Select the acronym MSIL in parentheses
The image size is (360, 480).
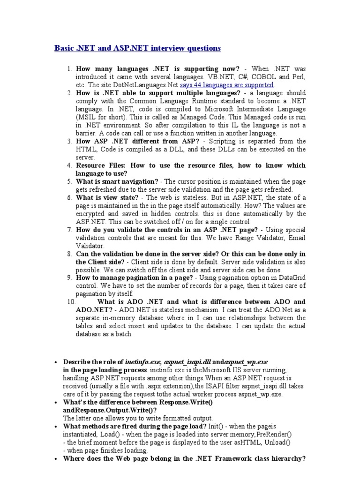point(89,117)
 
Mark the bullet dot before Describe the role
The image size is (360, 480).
point(56,362)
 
